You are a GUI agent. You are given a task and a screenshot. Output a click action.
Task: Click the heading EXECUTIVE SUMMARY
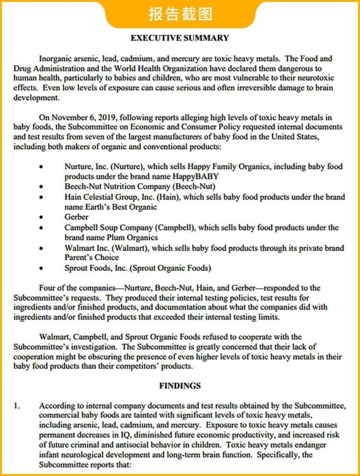180,38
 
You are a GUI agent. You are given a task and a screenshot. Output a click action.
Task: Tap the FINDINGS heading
180,385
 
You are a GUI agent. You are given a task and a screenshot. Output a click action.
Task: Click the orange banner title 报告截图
180,14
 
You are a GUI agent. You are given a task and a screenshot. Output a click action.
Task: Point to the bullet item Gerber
76,217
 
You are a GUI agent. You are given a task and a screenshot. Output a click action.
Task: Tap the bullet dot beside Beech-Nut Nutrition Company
42,187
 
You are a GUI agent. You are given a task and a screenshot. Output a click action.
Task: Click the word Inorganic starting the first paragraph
57,59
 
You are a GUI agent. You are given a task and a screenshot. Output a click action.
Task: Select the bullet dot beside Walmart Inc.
42,249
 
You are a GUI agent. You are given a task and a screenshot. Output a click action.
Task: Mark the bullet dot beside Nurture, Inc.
42,167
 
